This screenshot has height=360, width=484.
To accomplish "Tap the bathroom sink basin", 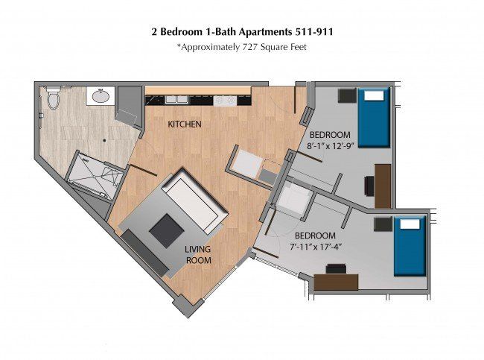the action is pos(101,96).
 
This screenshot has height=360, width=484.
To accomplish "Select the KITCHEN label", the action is pos(185,124).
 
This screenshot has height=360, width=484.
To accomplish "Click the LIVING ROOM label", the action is pos(198,255).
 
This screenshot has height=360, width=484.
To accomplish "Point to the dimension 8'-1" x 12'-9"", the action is pos(330,146).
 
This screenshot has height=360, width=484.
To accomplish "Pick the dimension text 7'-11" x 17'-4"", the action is pos(316,247).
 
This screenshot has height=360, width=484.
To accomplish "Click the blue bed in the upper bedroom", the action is pos(374,118).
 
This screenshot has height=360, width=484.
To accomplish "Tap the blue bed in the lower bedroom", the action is pos(410,246).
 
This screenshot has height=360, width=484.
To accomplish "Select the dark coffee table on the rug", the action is pos(167,230).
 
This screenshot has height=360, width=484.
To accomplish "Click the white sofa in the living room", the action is pos(194,200).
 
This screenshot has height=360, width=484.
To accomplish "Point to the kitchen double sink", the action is pos(176,99).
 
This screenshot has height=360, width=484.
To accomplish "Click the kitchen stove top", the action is pos(225,101).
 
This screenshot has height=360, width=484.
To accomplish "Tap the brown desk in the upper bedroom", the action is pos(383,186).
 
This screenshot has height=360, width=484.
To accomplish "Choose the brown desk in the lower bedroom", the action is pos(336,282).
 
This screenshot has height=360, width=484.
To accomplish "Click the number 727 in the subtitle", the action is pos(250,47).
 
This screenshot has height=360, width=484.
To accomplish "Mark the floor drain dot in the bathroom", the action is pos(104,140).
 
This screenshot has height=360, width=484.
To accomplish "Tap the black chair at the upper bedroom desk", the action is pos(369,186).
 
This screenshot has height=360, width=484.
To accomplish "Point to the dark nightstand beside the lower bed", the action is pos(383,224).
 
